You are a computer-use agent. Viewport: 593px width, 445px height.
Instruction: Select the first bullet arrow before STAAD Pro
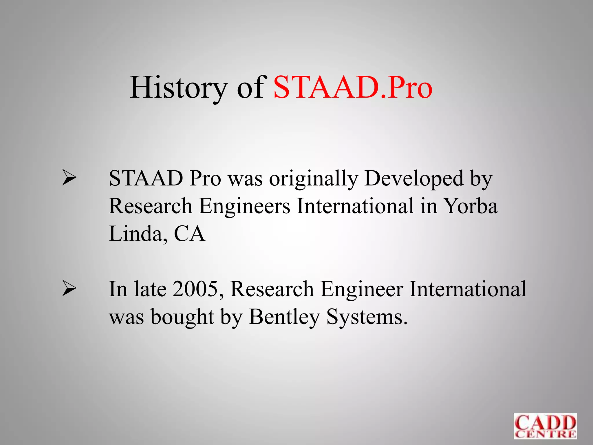click(69, 178)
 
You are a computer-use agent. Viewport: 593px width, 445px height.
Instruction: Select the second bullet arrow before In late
click(69, 289)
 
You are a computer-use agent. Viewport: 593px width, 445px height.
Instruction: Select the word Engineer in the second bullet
click(362, 289)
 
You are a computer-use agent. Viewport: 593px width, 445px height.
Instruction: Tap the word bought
click(182, 317)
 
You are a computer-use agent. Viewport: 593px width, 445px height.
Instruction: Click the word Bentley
click(284, 317)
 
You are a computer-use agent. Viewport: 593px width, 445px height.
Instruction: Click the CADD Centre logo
click(545, 426)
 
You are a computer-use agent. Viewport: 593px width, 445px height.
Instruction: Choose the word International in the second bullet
click(468, 289)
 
